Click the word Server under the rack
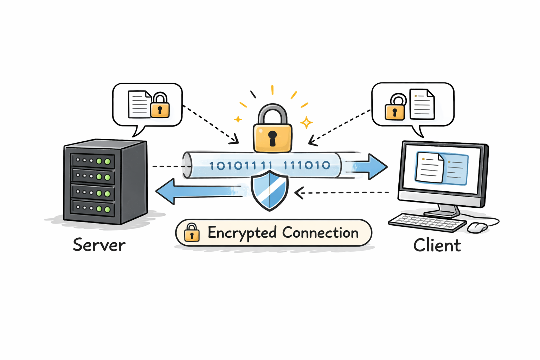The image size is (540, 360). click(99, 245)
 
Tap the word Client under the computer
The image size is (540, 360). click(437, 245)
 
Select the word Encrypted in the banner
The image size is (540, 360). click(242, 233)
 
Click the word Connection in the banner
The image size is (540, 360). click(320, 233)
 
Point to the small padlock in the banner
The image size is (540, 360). click(192, 232)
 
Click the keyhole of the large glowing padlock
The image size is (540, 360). click(272, 138)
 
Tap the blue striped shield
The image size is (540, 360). click(270, 190)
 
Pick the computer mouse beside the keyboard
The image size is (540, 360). click(477, 227)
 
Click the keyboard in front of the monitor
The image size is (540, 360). click(427, 223)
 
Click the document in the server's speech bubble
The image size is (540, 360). click(139, 104)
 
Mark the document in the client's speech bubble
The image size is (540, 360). click(422, 104)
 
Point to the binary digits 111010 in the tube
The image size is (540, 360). click(307, 165)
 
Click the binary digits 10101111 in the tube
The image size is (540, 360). click(240, 166)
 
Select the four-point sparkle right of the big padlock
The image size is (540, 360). click(306, 122)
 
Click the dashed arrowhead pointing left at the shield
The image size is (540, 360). click(299, 193)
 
